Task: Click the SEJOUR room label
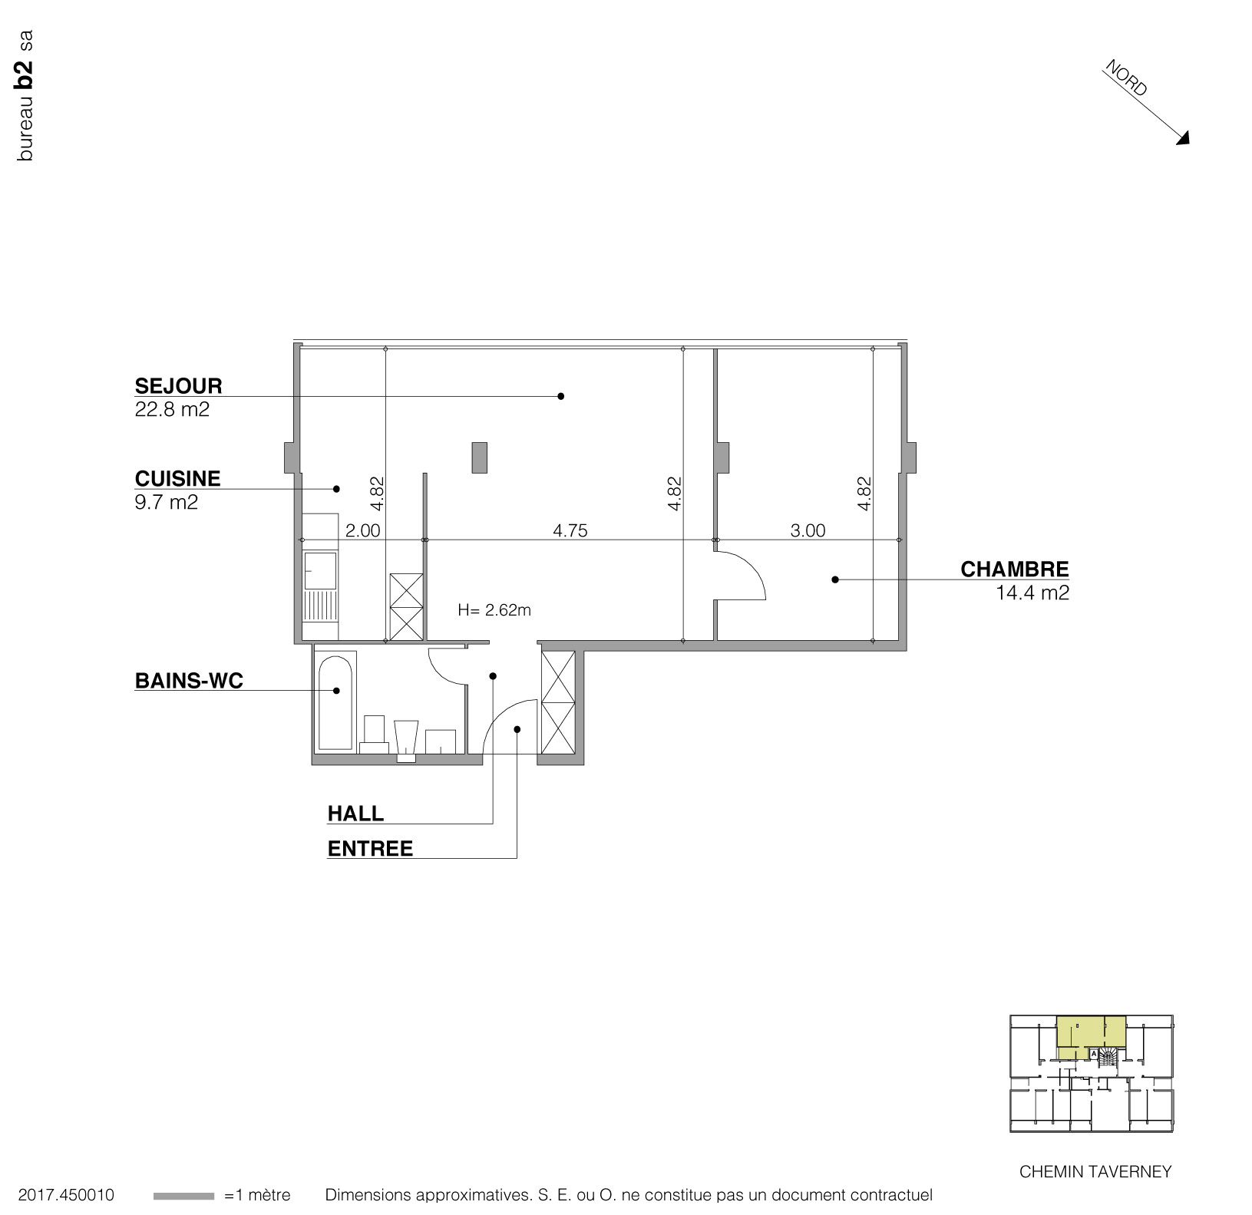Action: (178, 386)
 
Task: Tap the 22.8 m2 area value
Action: (172, 410)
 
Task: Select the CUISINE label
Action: (177, 479)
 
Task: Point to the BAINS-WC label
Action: (189, 681)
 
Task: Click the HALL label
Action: (355, 814)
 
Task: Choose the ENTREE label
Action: (370, 849)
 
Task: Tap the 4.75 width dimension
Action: (570, 530)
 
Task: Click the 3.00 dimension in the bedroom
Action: (808, 530)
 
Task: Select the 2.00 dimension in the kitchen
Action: (362, 530)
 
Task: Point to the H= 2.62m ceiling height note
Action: (494, 611)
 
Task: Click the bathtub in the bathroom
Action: (335, 700)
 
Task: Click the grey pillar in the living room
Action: (479, 457)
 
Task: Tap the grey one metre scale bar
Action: (183, 1196)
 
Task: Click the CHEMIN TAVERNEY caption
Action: (1095, 1172)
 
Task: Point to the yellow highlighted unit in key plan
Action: (1090, 1032)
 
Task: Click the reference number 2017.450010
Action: (66, 1196)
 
